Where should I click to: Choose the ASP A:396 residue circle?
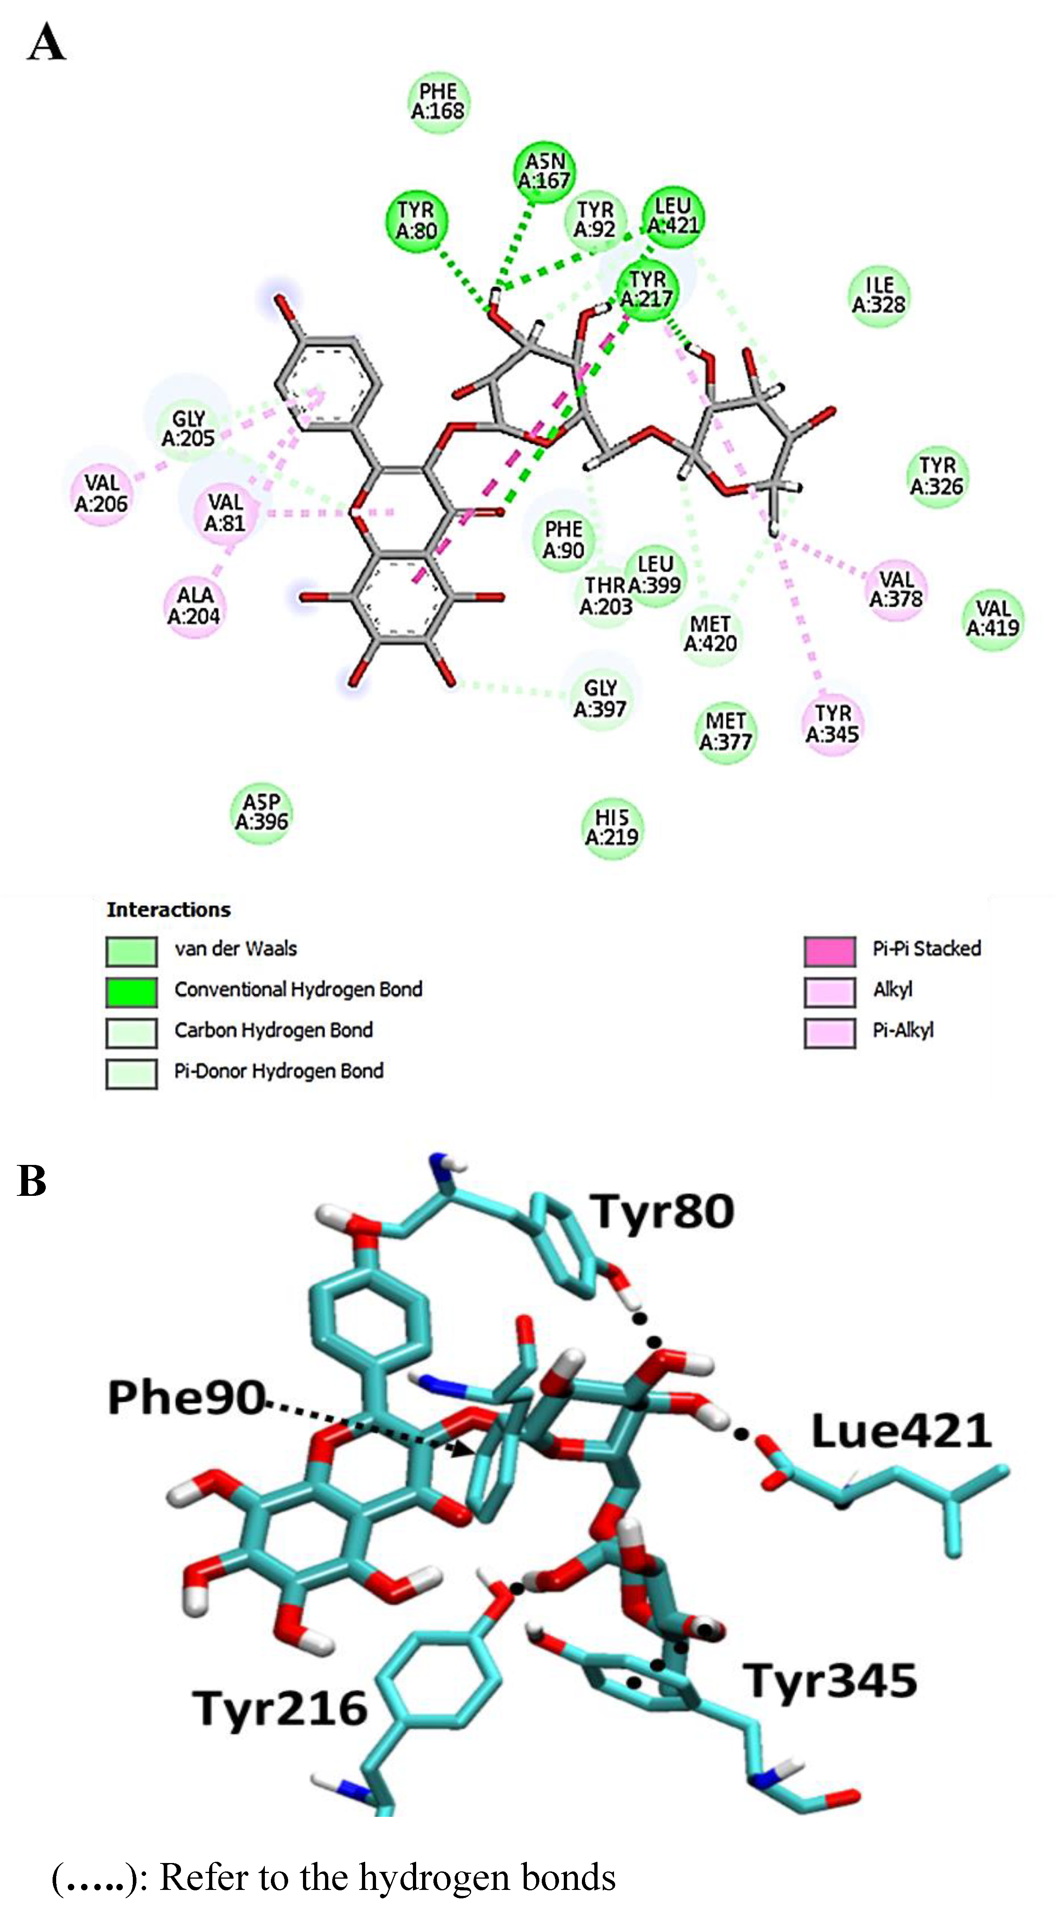coord(261,812)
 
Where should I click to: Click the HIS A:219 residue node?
coord(611,828)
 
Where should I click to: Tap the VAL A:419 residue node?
coord(992,619)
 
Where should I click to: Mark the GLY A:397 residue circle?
coord(600,699)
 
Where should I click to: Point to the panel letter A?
coord(46,43)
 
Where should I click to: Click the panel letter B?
coord(31,1181)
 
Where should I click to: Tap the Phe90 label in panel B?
coord(186,1398)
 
